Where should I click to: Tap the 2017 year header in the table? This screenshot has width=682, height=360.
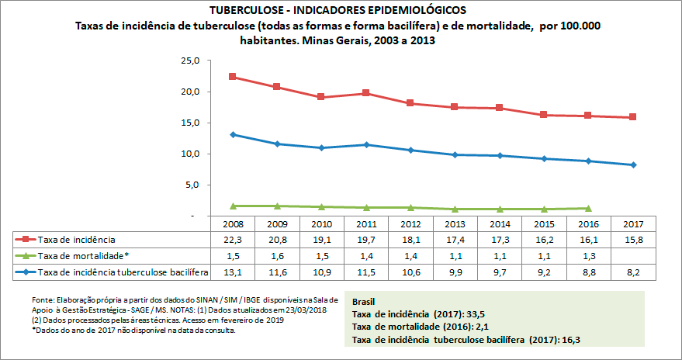633,223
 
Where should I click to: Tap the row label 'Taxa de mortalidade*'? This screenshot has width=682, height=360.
85,255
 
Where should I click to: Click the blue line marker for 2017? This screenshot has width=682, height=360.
633,164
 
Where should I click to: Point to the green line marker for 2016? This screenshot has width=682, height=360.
588,208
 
